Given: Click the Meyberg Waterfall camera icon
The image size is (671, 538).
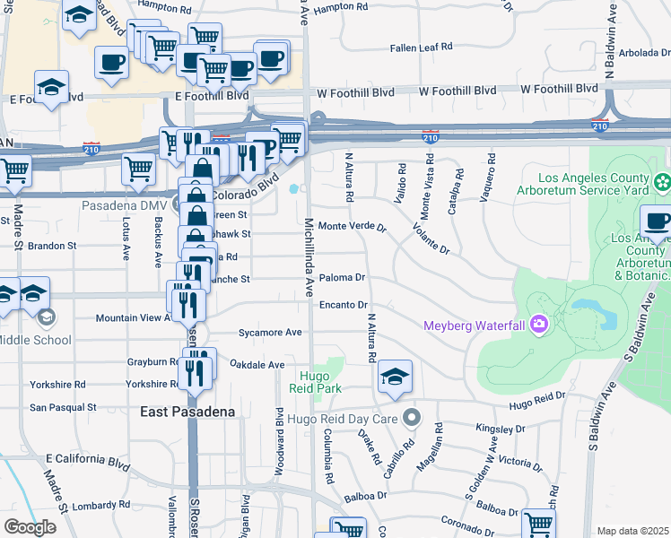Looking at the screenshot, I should (538, 323).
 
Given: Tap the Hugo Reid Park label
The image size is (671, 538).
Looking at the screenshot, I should (315, 383).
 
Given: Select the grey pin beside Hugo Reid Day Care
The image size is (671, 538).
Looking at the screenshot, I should (412, 417).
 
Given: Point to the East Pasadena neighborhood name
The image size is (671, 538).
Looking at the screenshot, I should (187, 412).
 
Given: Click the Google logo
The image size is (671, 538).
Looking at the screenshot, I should (30, 527).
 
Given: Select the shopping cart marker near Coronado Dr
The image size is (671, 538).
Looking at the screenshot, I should (538, 523).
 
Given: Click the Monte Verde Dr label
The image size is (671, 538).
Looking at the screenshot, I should (352, 227).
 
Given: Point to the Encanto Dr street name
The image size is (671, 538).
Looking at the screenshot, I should (344, 306).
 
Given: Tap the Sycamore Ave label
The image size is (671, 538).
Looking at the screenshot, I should (270, 332).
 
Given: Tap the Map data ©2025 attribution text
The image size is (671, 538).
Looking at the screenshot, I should (632, 531).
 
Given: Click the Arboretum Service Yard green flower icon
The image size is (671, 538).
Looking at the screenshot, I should (662, 183).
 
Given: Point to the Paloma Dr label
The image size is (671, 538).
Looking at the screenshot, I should (342, 278).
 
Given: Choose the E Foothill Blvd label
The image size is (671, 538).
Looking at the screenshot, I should (212, 96).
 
